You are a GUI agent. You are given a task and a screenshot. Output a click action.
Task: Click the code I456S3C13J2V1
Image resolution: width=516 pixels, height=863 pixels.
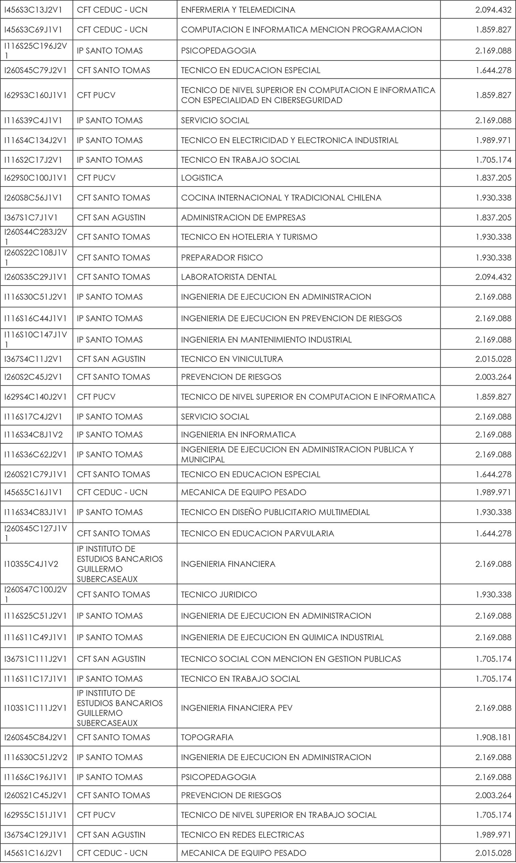click(x=33, y=10)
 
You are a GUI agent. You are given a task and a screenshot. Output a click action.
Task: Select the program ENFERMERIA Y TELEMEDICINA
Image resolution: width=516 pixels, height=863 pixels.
click(x=238, y=10)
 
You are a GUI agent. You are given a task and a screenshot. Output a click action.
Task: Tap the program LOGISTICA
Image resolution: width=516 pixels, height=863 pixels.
click(x=202, y=178)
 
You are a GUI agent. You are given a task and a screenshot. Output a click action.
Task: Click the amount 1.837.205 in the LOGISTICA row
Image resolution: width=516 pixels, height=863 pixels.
click(x=493, y=178)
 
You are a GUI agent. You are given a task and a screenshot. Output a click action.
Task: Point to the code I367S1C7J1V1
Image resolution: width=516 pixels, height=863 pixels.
click(x=31, y=218)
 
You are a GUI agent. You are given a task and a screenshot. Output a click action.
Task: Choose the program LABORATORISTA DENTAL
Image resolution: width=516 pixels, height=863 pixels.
click(x=228, y=277)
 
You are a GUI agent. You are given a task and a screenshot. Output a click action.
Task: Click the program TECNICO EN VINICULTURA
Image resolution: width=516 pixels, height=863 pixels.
click(x=232, y=359)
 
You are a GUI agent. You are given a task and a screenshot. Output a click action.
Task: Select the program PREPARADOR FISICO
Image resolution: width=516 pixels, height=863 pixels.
click(x=222, y=258)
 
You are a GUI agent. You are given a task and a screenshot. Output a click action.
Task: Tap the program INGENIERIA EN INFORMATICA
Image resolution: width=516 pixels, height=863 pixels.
click(x=238, y=434)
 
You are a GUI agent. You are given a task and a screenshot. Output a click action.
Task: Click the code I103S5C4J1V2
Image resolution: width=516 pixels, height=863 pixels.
click(x=31, y=564)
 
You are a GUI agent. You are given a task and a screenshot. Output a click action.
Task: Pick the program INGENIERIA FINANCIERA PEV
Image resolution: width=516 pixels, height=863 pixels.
click(x=236, y=708)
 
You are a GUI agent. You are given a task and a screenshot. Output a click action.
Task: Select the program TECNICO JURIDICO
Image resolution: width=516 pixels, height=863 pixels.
click(x=219, y=594)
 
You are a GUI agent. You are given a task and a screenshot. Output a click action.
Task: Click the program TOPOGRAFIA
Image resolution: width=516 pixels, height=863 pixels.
click(x=207, y=737)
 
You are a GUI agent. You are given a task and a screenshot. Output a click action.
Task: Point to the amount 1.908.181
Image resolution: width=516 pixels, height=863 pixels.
click(x=493, y=737)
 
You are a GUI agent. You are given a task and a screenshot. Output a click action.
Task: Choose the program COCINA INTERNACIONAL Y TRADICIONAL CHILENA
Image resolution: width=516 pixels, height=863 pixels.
click(x=281, y=198)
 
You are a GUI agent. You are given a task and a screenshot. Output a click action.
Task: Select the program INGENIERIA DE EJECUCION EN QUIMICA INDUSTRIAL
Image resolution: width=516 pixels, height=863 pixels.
click(x=282, y=637)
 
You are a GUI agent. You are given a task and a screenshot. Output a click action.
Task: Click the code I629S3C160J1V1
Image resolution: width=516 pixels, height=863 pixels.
click(x=35, y=95)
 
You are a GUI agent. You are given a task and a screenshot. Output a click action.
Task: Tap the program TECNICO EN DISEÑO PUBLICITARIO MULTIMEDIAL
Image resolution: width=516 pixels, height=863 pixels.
click(x=275, y=512)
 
